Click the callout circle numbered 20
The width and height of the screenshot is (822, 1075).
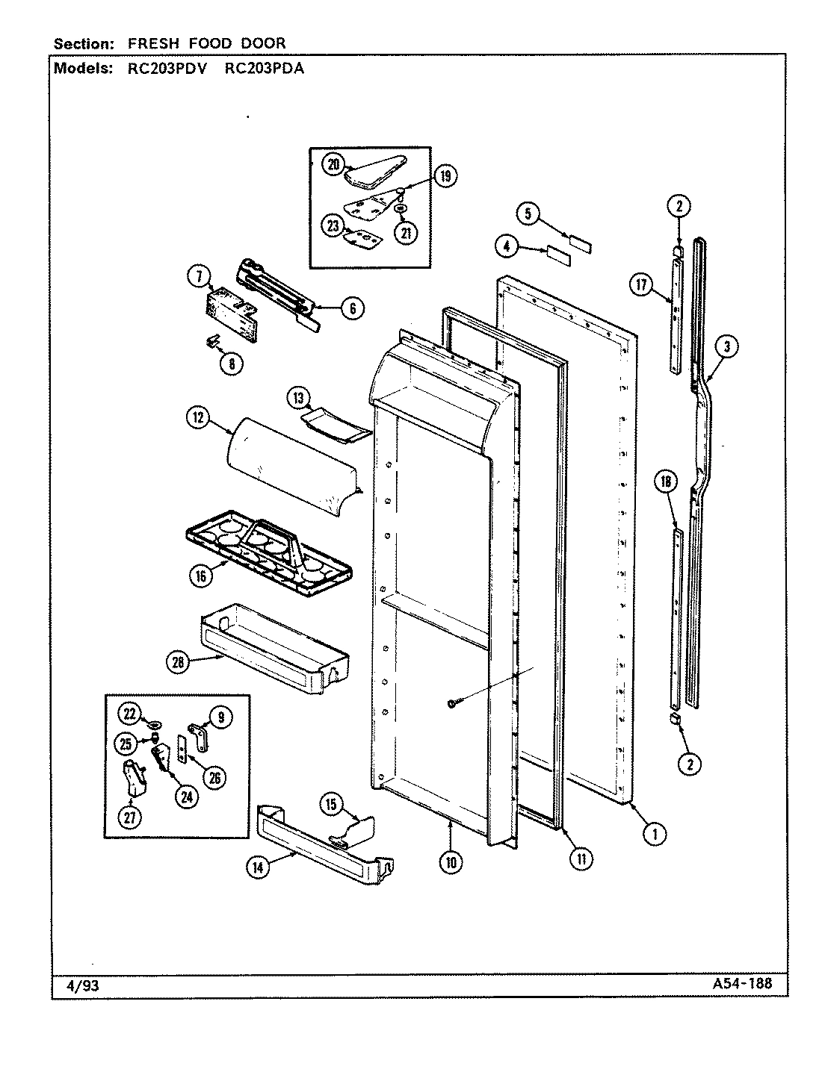(x=333, y=165)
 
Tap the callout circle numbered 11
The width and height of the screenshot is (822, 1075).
(x=581, y=859)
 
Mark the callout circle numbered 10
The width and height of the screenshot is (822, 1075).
(x=452, y=862)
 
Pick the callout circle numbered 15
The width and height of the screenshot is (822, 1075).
(x=332, y=804)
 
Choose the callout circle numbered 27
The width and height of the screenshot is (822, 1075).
(x=130, y=817)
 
